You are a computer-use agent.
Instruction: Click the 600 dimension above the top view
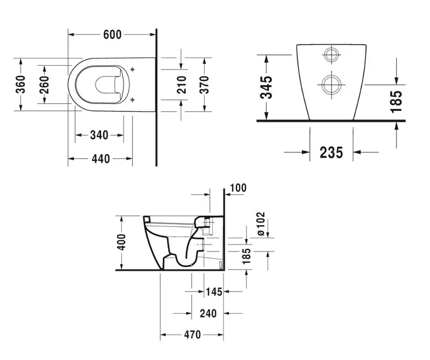[x=112, y=34]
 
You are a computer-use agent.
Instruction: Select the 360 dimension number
[x=21, y=85]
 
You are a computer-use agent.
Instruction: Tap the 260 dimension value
[x=44, y=85]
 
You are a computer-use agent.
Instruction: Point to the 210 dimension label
[x=181, y=85]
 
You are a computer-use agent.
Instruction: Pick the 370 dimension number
[x=204, y=85]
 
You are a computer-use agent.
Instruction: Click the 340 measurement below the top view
[x=99, y=135]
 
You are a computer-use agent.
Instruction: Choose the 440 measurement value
[x=101, y=159]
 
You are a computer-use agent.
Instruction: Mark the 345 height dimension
[x=266, y=87]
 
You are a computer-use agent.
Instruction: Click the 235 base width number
[x=331, y=153]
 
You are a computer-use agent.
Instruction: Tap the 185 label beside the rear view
[x=396, y=102]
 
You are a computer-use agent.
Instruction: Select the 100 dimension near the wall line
[x=238, y=188]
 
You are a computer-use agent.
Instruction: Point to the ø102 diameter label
[x=261, y=223]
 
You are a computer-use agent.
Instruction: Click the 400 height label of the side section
[x=121, y=242]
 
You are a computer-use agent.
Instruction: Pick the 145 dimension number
[x=214, y=292]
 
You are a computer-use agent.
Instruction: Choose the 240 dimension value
[x=208, y=313]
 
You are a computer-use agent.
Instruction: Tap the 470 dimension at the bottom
[x=192, y=334]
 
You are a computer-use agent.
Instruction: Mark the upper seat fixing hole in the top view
[x=133, y=69]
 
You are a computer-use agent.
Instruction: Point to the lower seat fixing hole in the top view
[x=133, y=100]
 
